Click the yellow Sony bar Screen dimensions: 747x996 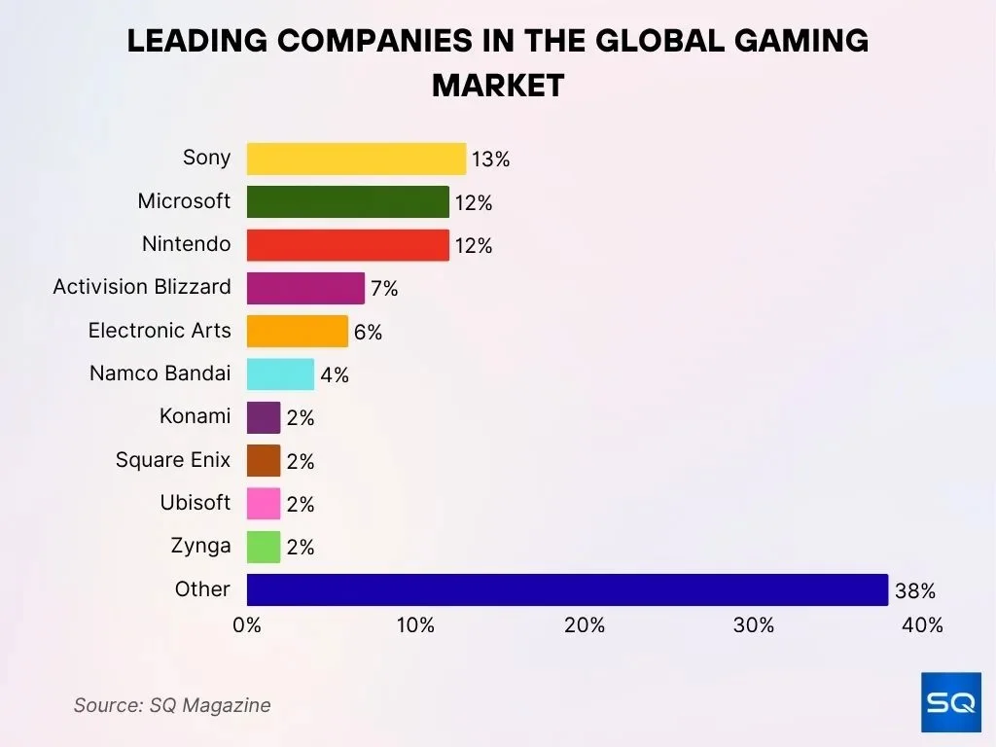pos(356,159)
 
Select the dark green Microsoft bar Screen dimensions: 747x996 pos(347,201)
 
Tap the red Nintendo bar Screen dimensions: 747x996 pos(347,244)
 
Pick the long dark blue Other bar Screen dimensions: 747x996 pos(567,589)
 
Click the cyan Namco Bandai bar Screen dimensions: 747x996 pos(280,373)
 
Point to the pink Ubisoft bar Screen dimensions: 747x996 pos(264,503)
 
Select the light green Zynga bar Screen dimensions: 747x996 pos(264,547)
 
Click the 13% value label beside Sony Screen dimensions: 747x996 pos(490,160)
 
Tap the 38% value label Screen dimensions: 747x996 pos(915,590)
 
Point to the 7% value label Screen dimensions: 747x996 pos(384,289)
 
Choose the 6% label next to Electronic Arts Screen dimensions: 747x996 pos(368,333)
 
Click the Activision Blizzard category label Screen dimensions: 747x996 pos(142,287)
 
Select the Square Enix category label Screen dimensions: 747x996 pos(173,459)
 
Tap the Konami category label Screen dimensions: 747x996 pos(196,416)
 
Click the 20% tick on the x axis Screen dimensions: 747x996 pos(585,625)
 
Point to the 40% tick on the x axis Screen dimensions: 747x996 pos(922,625)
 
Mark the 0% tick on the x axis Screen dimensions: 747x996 pos(247,625)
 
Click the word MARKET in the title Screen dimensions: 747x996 pos(498,86)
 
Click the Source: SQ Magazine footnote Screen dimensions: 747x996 pos(172,705)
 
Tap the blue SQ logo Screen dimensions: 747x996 pos(950,701)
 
